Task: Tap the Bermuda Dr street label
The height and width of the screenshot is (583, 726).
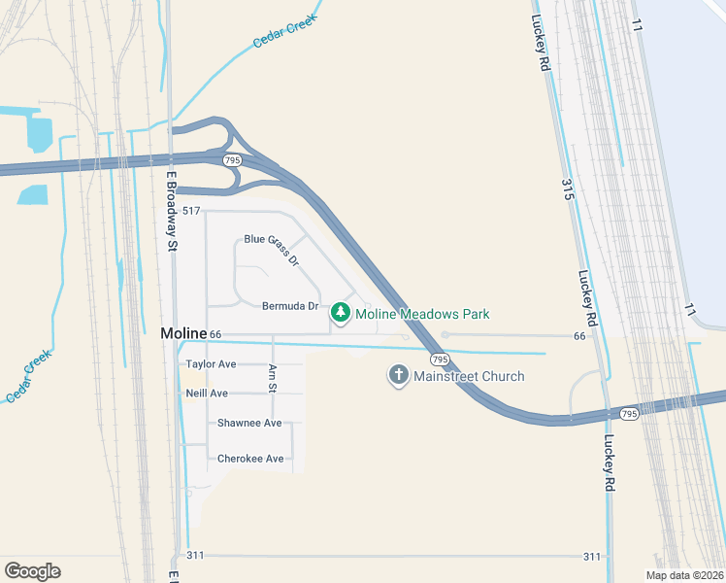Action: tap(290, 306)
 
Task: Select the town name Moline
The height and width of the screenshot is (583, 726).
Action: tap(183, 333)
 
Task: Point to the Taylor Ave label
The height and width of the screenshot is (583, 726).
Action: tap(211, 364)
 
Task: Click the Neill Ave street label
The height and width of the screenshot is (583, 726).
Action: tap(207, 393)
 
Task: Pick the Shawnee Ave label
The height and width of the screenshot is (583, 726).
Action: tap(249, 423)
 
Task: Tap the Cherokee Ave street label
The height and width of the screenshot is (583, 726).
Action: tap(250, 459)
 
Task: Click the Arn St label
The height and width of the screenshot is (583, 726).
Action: tap(273, 377)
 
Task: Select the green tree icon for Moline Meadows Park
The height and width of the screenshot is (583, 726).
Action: tap(340, 313)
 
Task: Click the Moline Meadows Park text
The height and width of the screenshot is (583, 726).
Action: tap(422, 314)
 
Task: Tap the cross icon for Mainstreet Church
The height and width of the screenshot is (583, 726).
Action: tap(398, 375)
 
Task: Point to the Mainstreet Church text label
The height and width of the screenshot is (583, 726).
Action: tap(469, 376)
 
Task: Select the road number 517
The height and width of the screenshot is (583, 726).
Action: tap(190, 211)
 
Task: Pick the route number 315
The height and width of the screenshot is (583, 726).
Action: tap(568, 190)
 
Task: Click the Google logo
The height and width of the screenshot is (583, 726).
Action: tap(32, 570)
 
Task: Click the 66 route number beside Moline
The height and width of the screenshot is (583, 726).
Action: tap(215, 334)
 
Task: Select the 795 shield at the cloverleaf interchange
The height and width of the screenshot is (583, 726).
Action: tap(231, 159)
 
